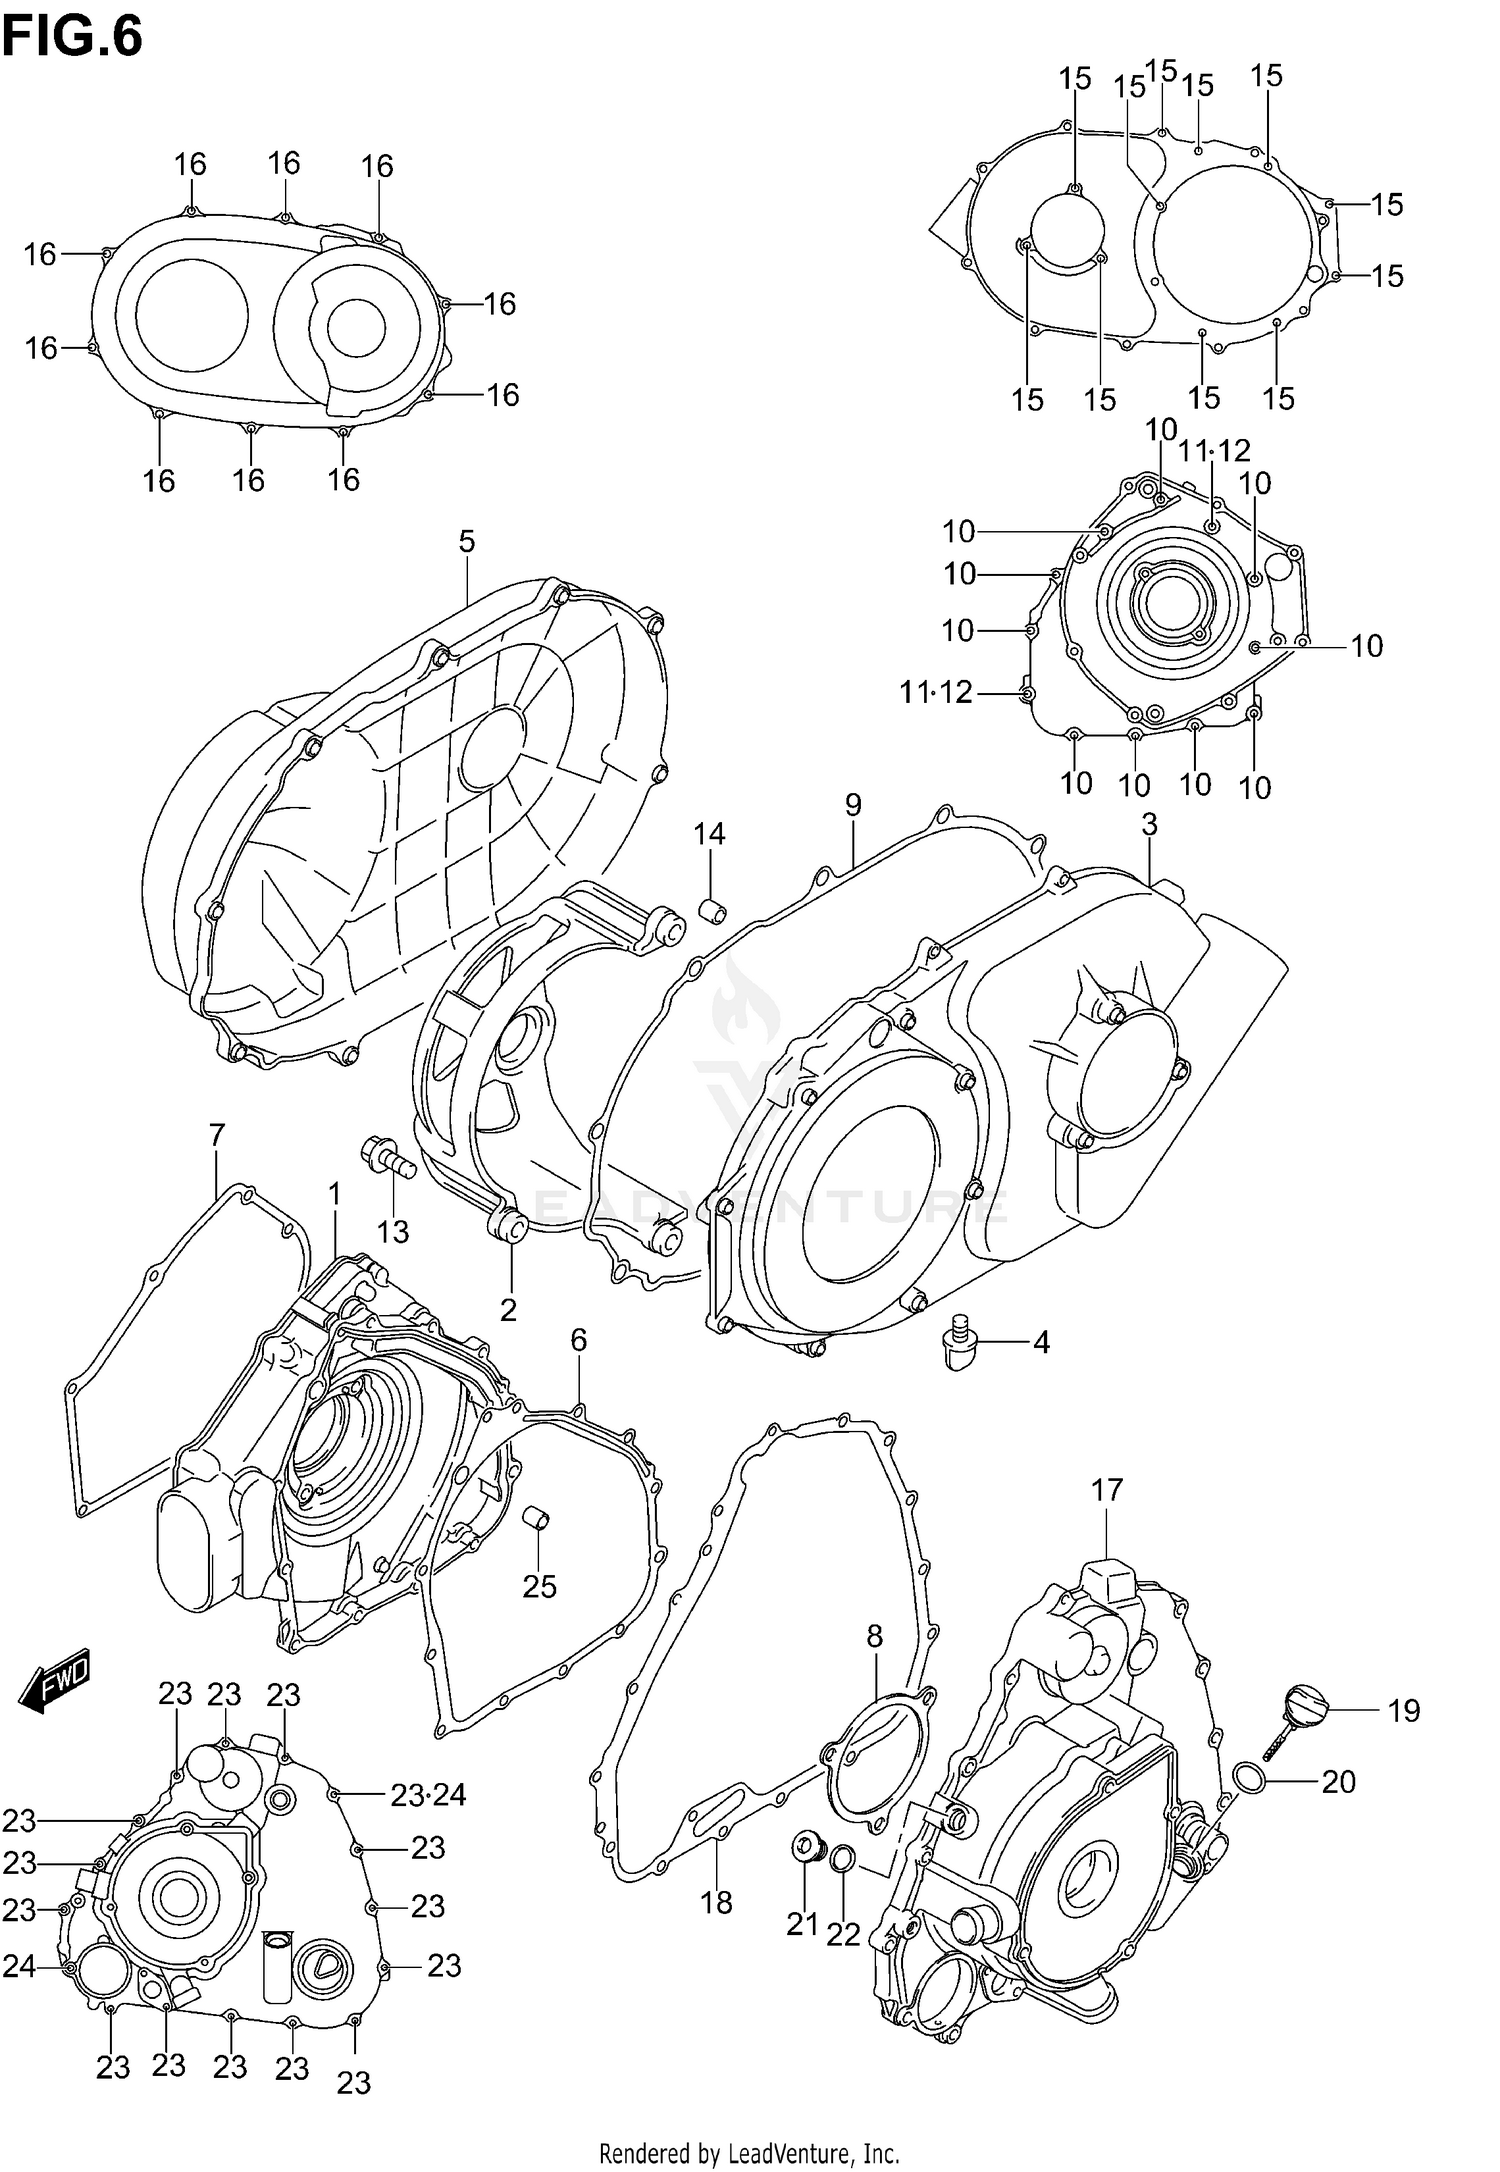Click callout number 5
coord(467,542)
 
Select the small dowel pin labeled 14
coord(711,911)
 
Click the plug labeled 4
coord(959,1342)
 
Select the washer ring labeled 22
coord(843,1858)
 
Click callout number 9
coord(852,805)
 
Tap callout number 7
coord(217,1135)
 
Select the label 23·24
coord(428,1795)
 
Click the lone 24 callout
coord(19,1967)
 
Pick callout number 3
coord(1149,824)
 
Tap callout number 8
coord(874,1636)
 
